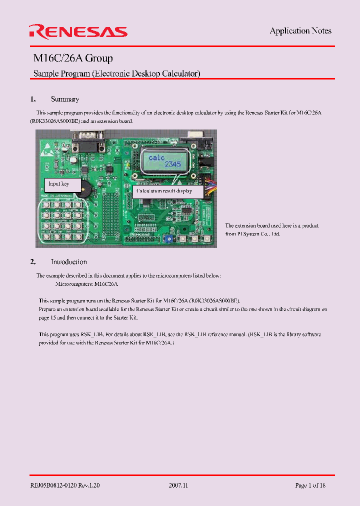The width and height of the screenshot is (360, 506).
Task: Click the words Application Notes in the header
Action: [x=300, y=31]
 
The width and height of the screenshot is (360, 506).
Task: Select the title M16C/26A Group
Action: [x=73, y=58]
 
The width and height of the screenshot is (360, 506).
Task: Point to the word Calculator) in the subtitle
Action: [x=181, y=73]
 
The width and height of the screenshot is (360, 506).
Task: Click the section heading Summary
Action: [x=65, y=99]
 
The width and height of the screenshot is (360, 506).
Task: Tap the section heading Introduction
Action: [x=68, y=261]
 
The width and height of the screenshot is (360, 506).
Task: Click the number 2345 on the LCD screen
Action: [x=173, y=164]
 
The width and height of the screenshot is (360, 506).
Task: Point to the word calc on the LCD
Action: [x=156, y=157]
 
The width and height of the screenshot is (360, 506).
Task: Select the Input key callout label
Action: [x=58, y=184]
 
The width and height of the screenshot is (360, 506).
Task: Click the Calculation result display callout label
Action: [x=164, y=190]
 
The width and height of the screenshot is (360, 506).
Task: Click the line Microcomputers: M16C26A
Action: [x=86, y=284]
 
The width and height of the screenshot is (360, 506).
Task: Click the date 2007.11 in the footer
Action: [x=178, y=485]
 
